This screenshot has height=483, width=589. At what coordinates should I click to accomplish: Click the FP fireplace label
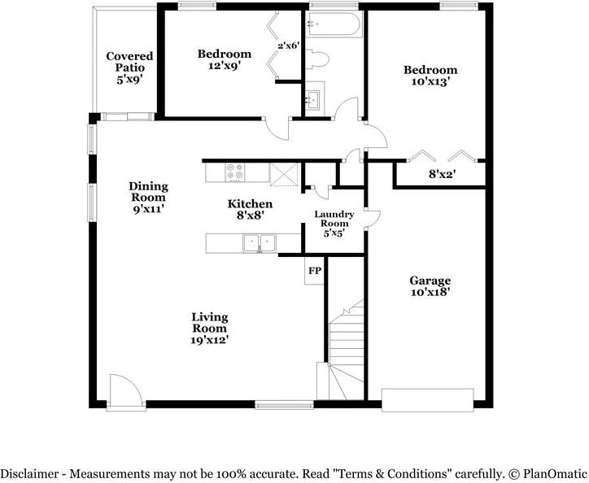[315, 271]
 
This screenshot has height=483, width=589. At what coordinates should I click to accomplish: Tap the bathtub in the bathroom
[334, 24]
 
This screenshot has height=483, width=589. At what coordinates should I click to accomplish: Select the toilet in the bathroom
[316, 59]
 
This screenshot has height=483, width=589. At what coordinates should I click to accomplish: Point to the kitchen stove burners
[235, 172]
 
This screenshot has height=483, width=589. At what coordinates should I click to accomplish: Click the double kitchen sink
[259, 243]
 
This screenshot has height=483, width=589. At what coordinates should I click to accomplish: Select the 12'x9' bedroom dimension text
[225, 66]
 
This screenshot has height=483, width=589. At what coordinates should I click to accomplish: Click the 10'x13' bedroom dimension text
[430, 81]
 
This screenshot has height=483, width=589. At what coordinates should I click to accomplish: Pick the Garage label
[430, 281]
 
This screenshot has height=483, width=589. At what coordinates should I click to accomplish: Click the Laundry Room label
[334, 219]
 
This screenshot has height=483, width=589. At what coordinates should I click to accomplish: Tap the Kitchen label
[250, 204]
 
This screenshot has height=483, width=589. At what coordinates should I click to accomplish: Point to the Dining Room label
[148, 192]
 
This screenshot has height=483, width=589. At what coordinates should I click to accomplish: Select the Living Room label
[210, 323]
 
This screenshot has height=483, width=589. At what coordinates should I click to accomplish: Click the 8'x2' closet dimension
[442, 174]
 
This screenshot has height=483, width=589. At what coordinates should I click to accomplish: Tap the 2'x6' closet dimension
[289, 46]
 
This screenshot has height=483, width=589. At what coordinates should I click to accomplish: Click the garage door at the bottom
[427, 400]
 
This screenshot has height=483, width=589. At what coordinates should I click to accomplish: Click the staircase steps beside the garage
[346, 350]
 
